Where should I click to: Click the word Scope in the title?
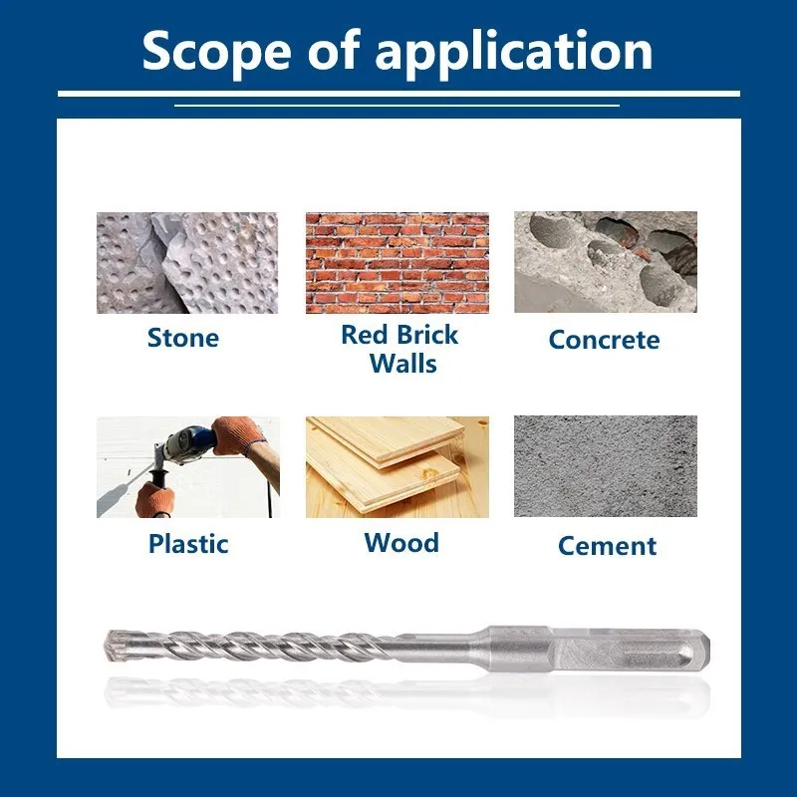click(216, 52)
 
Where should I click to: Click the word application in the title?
click(513, 54)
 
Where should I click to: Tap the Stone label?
click(183, 338)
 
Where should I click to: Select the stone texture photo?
click(187, 263)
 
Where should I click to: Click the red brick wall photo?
click(397, 263)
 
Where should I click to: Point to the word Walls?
click(403, 364)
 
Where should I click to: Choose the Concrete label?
click(604, 340)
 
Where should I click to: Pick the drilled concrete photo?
click(606, 262)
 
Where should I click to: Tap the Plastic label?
click(188, 543)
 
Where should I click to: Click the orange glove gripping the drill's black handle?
click(154, 499)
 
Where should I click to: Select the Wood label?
click(401, 542)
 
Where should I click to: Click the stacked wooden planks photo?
click(397, 466)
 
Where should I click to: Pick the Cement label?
click(607, 546)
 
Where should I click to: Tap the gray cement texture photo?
click(606, 466)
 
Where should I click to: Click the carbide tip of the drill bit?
click(113, 647)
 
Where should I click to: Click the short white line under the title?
click(397, 106)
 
